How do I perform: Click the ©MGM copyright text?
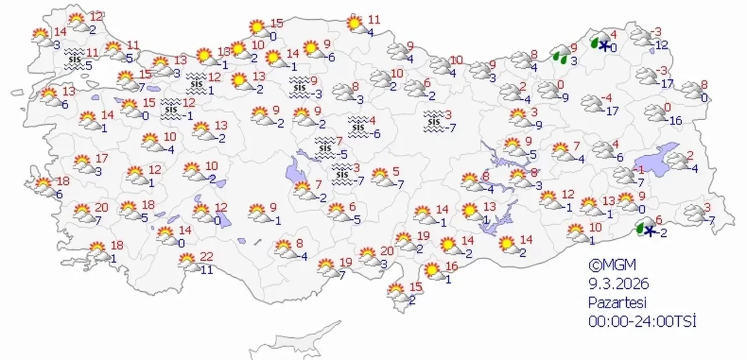pos(611,265)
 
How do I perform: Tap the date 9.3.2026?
pos(619,284)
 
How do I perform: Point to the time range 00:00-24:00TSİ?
pos(643,321)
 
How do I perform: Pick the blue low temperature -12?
pos(662,45)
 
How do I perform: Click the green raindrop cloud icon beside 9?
pos(561,54)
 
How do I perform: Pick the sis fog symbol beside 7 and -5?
pos(325,148)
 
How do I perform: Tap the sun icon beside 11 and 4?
pos(354,23)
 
